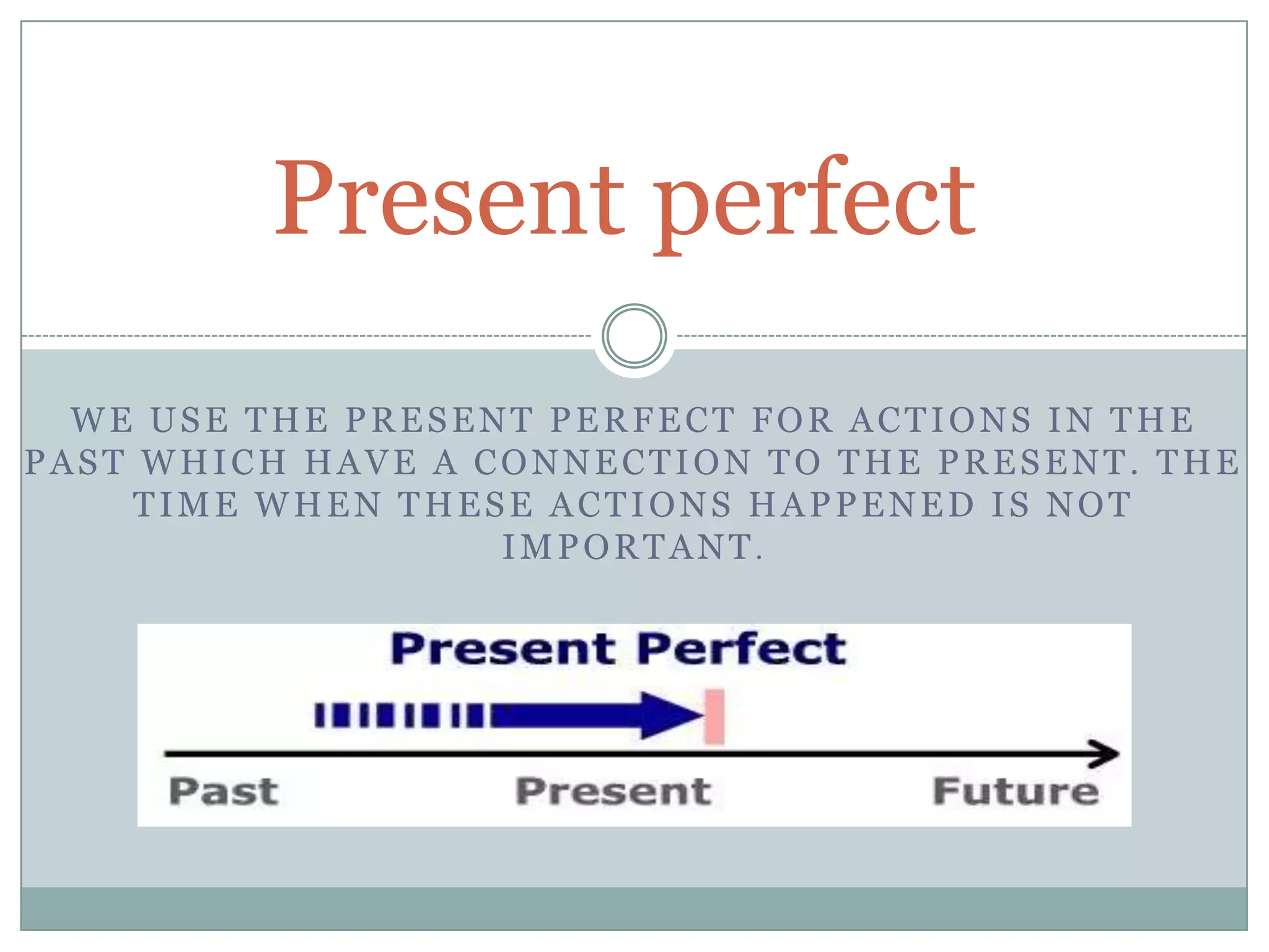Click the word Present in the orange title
click(x=449, y=198)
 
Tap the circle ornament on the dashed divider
click(x=634, y=336)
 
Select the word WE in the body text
click(x=102, y=420)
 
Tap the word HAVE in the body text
click(x=362, y=463)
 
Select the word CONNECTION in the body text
click(x=613, y=463)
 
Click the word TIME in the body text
click(x=186, y=505)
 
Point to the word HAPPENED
click(x=862, y=505)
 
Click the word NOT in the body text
click(x=1089, y=505)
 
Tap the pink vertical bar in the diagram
click(x=714, y=716)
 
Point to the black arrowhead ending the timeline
click(x=1106, y=754)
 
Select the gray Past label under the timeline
click(x=224, y=792)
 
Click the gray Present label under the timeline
click(x=613, y=792)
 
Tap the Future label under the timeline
click(x=1016, y=792)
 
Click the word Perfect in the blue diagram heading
click(x=741, y=649)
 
